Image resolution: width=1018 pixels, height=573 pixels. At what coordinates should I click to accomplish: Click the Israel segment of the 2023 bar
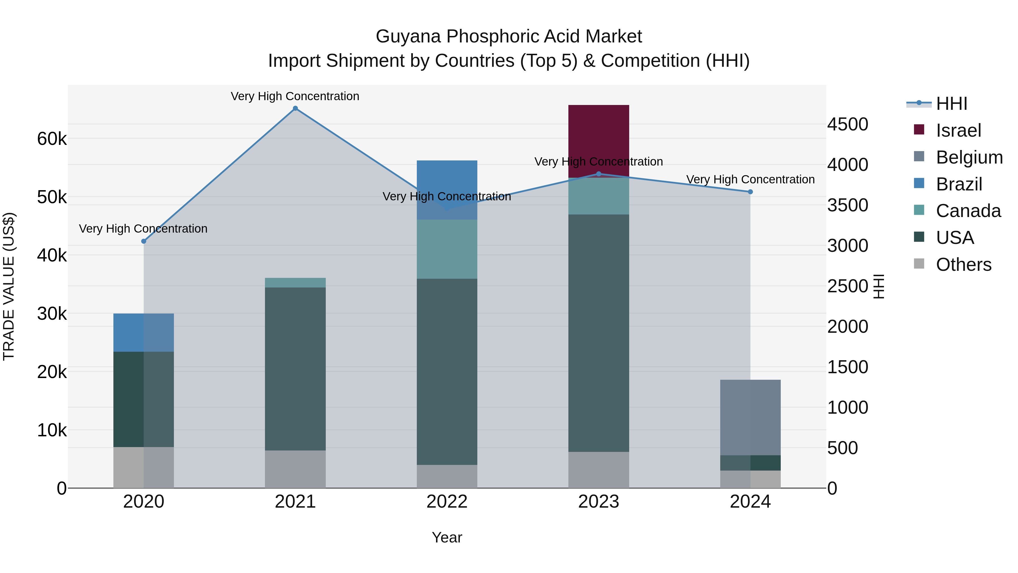(x=598, y=140)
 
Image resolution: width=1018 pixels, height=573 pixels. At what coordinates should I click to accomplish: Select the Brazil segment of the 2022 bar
(x=447, y=190)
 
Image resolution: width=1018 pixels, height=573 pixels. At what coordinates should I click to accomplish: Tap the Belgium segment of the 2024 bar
(x=750, y=417)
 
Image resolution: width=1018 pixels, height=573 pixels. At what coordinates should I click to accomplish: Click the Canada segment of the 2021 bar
(x=295, y=283)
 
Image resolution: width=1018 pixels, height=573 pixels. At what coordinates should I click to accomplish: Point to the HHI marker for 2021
(x=295, y=108)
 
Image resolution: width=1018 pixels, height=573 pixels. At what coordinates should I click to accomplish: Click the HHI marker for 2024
(x=750, y=192)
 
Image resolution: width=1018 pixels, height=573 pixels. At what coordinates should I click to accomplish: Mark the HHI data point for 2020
(x=143, y=241)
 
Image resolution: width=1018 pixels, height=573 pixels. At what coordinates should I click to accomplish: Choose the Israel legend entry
(x=958, y=130)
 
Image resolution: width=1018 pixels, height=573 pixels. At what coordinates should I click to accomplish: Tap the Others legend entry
(x=963, y=265)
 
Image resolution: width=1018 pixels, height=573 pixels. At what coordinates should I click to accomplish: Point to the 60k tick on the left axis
(x=52, y=139)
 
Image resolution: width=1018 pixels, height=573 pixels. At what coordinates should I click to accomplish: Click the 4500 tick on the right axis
(x=848, y=124)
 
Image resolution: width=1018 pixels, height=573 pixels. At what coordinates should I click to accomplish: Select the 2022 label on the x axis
(x=447, y=502)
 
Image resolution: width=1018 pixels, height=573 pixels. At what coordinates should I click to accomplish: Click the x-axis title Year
(x=447, y=537)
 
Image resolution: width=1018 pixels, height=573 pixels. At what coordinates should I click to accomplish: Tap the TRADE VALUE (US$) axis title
(x=9, y=286)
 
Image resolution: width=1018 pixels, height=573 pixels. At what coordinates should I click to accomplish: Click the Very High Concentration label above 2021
(x=295, y=96)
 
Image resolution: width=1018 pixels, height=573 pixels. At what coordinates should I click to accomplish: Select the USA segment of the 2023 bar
(x=598, y=332)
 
